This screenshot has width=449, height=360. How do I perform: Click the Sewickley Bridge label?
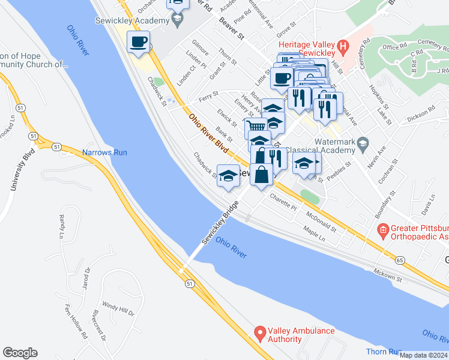coord(220,222)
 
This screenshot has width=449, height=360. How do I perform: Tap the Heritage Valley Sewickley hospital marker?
coord(343,45)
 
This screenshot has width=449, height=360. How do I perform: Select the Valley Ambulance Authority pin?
coord(259,332)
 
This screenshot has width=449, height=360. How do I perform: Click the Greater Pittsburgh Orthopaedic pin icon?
coord(382,230)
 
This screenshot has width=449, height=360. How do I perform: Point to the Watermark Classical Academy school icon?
coord(363,143)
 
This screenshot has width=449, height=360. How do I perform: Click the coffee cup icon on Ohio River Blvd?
coord(139,42)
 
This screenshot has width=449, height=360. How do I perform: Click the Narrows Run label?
coord(105,152)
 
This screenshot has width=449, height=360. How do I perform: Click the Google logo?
coord(20,353)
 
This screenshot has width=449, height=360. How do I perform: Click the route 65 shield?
coord(399,260)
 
